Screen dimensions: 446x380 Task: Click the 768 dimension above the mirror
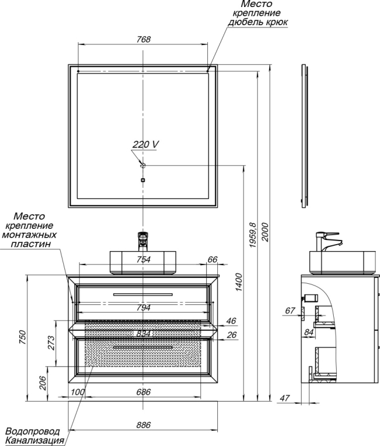point(143,39)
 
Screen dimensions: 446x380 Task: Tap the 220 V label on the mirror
point(145,144)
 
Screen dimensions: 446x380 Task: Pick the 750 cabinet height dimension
point(22,337)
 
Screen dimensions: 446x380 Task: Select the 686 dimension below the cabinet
point(143,392)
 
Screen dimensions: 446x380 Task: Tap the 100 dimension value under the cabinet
point(77,392)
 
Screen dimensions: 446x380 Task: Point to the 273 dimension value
point(51,343)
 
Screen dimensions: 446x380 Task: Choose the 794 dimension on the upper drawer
point(143,307)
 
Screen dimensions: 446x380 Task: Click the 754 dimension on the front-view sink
point(143,259)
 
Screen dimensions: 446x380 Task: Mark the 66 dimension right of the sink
point(213,259)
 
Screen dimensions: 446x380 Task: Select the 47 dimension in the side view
point(285,398)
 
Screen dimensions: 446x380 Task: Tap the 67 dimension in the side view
point(290,310)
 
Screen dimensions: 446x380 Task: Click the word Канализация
point(35,441)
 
